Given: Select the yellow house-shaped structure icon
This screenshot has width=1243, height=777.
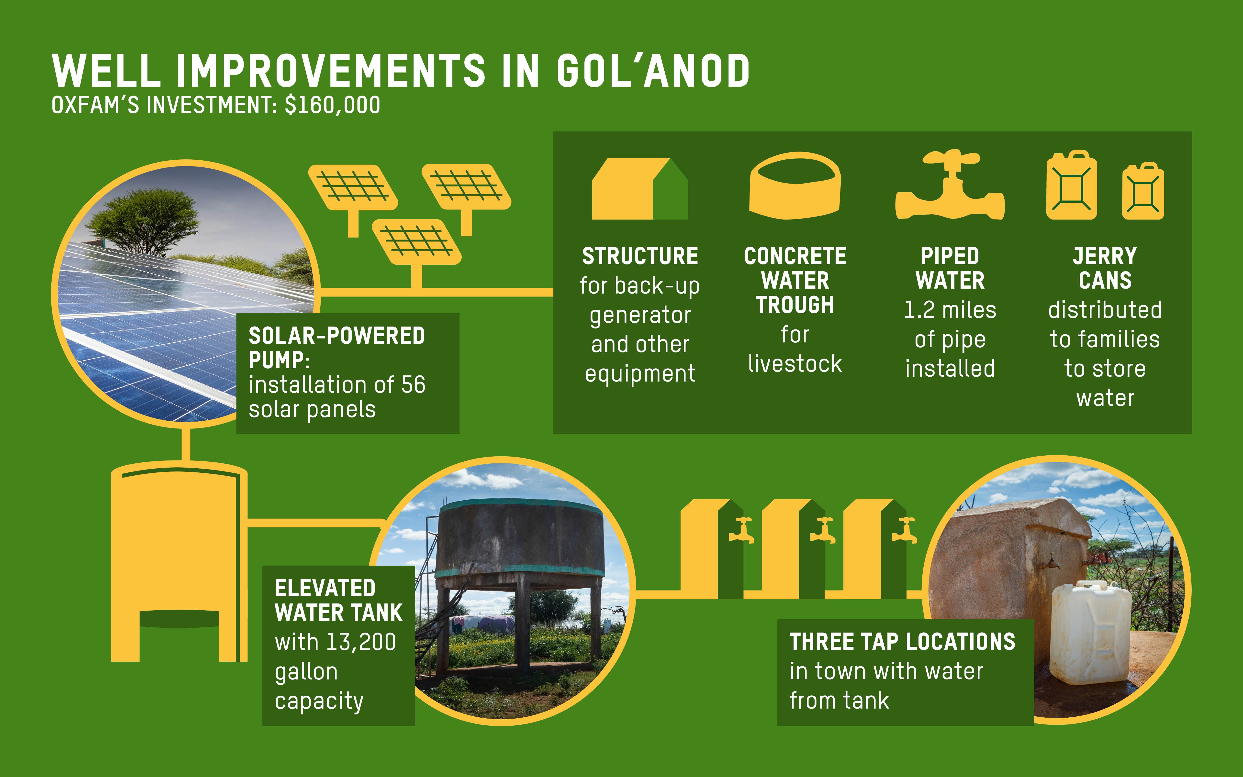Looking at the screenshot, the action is point(640,189).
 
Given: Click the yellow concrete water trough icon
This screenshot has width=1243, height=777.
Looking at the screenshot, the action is point(795,186).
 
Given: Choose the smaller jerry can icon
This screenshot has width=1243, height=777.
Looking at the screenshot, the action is point(1143,191).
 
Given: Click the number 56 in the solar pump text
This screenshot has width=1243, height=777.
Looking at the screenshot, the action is point(413,385).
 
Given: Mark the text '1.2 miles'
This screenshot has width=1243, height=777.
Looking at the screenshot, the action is point(950,310).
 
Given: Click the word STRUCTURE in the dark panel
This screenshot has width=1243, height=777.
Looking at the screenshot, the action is point(640,256).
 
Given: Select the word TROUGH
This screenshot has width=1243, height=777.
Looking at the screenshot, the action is point(795,305).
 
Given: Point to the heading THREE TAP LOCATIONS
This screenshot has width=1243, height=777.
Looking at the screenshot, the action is point(902,642).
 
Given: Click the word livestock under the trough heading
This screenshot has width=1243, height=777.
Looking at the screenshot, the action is point(795,364).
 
